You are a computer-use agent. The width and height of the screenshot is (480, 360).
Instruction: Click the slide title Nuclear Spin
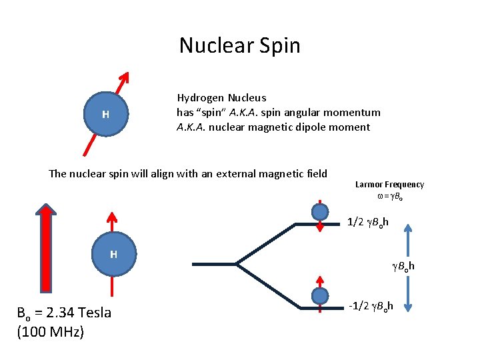[x=239, y=45]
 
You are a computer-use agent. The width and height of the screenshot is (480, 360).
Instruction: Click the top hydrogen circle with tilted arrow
[x=105, y=115]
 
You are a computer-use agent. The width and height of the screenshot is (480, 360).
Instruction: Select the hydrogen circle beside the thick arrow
[x=113, y=254]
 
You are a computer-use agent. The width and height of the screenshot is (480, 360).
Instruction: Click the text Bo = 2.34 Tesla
[x=64, y=313]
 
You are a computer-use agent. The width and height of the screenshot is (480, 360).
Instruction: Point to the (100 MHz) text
[x=51, y=331]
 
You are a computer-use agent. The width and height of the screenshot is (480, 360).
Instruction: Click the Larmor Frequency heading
[x=389, y=185]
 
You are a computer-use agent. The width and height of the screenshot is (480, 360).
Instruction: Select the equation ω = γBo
[x=389, y=196]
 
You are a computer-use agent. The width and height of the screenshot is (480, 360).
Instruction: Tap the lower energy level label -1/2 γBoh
[x=371, y=306]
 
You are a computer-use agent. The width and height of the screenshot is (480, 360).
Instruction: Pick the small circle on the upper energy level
[x=321, y=212]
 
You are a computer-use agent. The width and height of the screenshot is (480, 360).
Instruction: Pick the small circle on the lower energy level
[x=321, y=296]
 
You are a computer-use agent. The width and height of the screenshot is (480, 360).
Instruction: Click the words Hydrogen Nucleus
[x=221, y=98]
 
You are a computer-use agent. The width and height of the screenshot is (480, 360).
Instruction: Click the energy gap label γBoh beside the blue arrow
[x=403, y=267]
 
